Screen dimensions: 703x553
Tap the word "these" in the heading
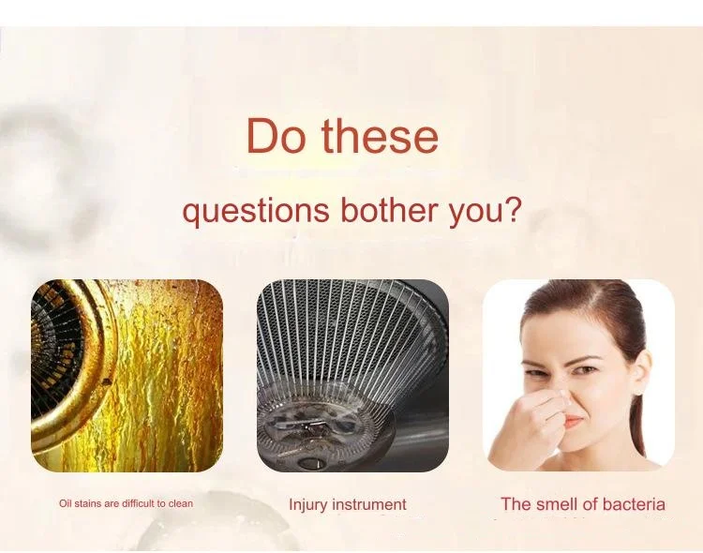click(380, 136)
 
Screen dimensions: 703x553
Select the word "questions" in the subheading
click(256, 210)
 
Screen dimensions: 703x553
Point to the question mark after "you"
click(513, 208)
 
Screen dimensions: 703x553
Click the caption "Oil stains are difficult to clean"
click(126, 503)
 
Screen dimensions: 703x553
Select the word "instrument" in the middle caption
click(369, 504)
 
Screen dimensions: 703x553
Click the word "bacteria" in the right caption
click(634, 504)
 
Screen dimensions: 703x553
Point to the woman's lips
click(574, 422)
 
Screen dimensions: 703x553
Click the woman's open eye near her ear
click(586, 370)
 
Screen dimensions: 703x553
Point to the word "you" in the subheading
click(475, 213)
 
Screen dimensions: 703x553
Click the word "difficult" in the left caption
click(139, 503)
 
